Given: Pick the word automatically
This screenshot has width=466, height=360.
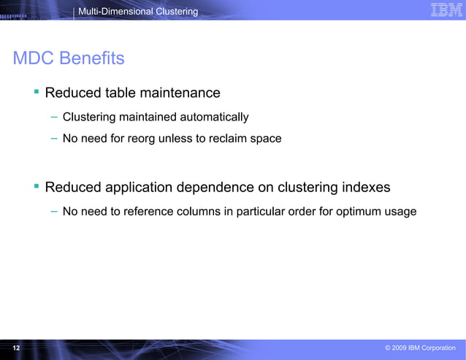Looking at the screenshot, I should [214, 117].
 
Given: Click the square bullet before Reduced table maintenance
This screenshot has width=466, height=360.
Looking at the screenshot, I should [35, 91].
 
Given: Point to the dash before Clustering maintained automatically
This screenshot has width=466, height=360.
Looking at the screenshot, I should [54, 117].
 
